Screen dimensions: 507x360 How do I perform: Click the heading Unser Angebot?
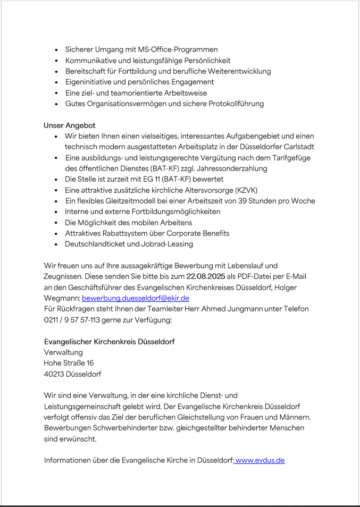pyautogui.click(x=69, y=125)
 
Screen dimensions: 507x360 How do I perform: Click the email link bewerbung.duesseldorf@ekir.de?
pyautogui.click(x=136, y=298)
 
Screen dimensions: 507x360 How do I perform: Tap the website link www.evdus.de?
pyautogui.click(x=260, y=460)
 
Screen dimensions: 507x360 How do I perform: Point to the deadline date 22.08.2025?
pyautogui.click(x=206, y=276)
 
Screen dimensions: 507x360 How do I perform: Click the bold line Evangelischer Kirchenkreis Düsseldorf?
pyautogui.click(x=109, y=341)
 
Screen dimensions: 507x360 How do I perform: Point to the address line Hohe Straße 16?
pyautogui.click(x=69, y=363)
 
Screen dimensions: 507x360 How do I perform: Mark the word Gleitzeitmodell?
pyautogui.click(x=126, y=201)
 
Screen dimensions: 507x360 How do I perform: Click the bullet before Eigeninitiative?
pyautogui.click(x=56, y=82)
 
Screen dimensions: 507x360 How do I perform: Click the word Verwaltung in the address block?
pyautogui.click(x=63, y=352)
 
